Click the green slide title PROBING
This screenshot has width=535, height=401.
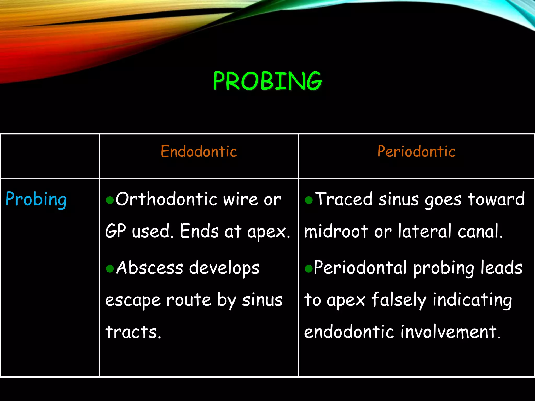click(267, 81)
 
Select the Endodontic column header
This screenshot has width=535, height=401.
click(199, 151)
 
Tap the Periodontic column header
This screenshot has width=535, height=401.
click(416, 151)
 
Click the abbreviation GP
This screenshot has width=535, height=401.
click(115, 231)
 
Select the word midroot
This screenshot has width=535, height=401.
click(336, 231)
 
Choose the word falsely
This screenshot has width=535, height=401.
click(399, 300)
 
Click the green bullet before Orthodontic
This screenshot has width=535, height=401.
click(110, 200)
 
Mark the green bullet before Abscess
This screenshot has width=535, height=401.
click(110, 268)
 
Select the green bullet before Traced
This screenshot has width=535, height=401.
click(309, 200)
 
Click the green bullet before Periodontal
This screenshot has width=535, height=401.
click(309, 268)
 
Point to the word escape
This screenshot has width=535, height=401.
click(133, 300)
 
